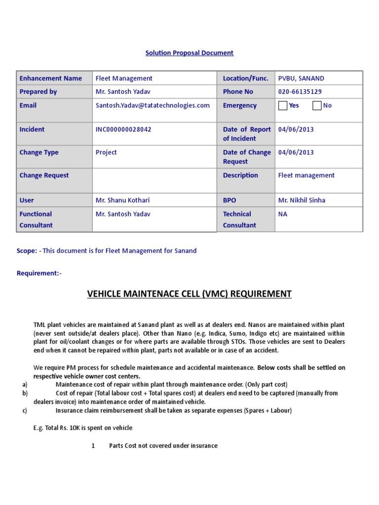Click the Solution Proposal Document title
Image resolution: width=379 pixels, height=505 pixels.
click(x=189, y=53)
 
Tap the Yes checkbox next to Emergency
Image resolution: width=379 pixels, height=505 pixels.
click(x=283, y=106)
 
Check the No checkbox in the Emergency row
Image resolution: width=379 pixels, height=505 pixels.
click(x=317, y=106)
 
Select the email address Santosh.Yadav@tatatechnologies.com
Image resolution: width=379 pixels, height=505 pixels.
click(x=152, y=106)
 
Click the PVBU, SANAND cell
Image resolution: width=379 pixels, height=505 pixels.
click(x=301, y=78)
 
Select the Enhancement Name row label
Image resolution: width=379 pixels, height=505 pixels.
click(x=50, y=78)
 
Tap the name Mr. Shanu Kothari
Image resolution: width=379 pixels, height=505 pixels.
click(x=122, y=200)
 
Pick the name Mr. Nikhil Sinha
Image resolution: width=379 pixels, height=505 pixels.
click(x=302, y=200)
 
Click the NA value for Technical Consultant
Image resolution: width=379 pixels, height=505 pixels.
click(x=283, y=214)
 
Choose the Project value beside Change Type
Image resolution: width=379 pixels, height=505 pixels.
click(x=106, y=152)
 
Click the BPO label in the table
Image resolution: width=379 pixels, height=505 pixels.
click(x=229, y=200)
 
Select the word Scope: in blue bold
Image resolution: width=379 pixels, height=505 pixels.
click(x=27, y=251)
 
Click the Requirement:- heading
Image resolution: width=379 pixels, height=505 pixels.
click(x=39, y=273)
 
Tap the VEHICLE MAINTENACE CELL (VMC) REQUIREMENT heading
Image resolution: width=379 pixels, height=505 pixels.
click(x=189, y=294)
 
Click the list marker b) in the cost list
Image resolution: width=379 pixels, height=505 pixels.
click(x=25, y=393)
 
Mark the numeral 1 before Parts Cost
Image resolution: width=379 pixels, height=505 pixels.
click(x=93, y=446)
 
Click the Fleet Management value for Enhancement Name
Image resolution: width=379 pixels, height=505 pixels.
click(x=124, y=78)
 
